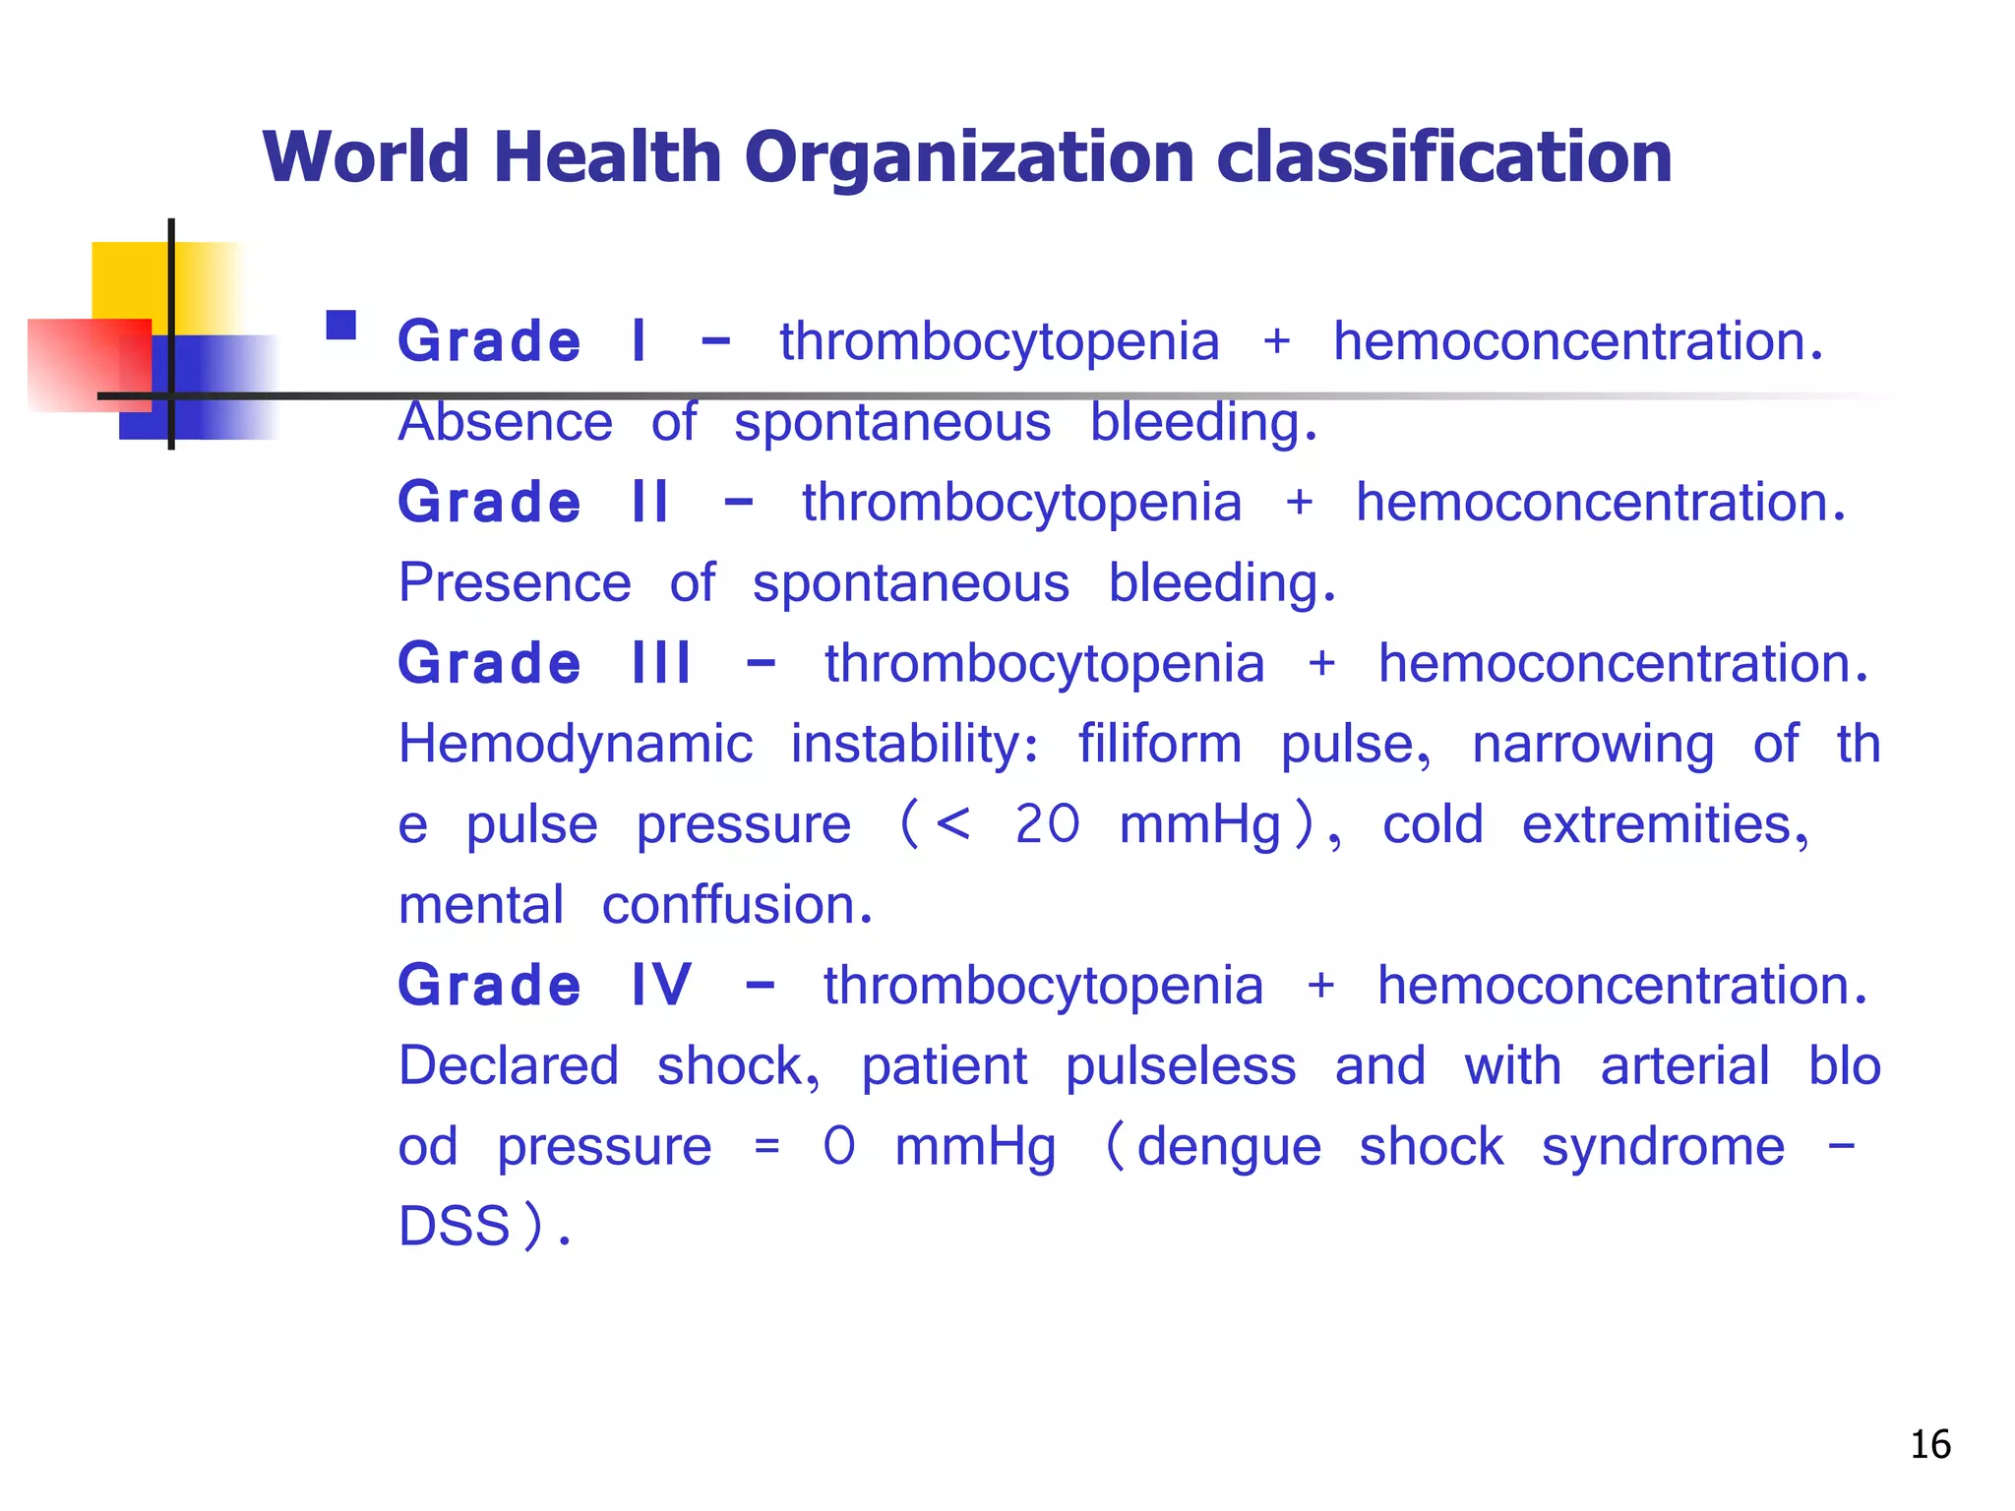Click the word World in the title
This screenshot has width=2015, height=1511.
coord(366,157)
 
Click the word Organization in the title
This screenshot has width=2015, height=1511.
coord(968,159)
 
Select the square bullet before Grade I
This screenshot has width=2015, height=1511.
coord(341,326)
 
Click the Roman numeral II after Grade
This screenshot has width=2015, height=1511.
coord(649,503)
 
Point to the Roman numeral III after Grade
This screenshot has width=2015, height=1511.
coord(661,664)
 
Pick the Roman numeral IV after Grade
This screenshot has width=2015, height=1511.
coord(661,986)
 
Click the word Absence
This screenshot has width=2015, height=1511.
coord(506,423)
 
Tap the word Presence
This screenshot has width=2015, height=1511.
coord(515,583)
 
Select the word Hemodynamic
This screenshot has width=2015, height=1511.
coord(576,745)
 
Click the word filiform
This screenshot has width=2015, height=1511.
coord(1160,745)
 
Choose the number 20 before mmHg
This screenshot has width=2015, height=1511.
coord(1047,824)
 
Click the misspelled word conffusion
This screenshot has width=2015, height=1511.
coord(737,905)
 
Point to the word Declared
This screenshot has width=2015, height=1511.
coord(509,1066)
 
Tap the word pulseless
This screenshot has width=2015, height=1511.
coord(1181,1066)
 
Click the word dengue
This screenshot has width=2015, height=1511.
coord(1229,1148)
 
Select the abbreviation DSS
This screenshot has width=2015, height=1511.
coord(455,1228)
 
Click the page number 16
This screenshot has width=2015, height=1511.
coord(1930,1445)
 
